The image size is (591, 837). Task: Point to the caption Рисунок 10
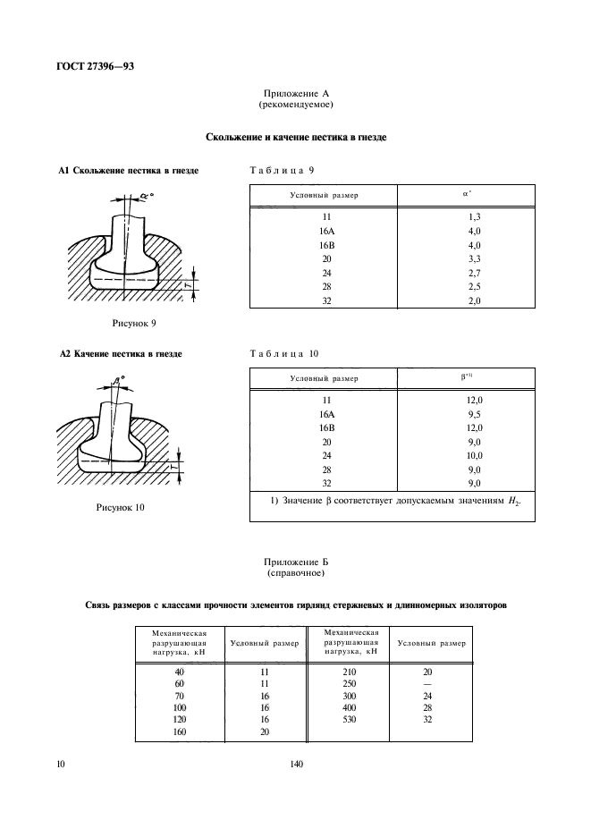point(121,507)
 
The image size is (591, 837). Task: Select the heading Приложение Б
point(294,561)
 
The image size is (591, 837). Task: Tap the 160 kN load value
point(182,731)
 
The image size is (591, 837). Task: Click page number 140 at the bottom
point(296,764)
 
